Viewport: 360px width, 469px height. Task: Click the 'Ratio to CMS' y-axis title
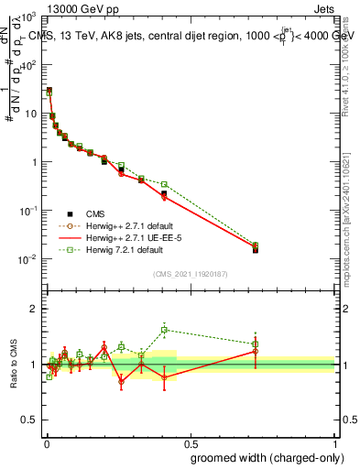coord(14,364)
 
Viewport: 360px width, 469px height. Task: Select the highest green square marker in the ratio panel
coord(164,330)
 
